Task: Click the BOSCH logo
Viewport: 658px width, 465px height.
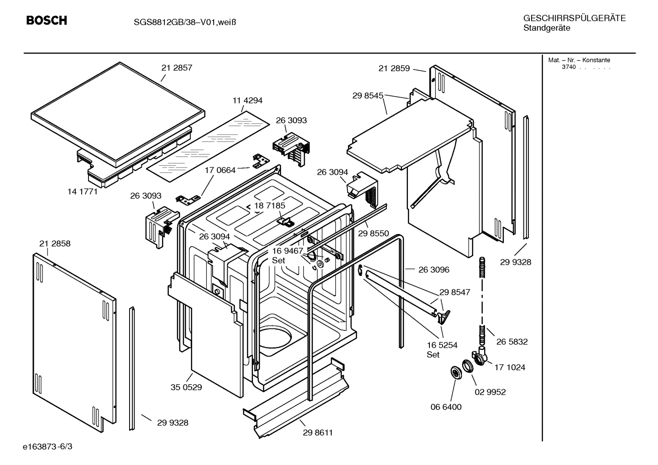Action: [47, 21]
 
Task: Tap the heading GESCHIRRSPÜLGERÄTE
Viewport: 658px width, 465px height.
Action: [574, 18]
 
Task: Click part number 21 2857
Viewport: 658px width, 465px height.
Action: [177, 68]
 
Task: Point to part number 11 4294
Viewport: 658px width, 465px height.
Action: [247, 100]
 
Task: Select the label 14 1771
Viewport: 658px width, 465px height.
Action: [83, 192]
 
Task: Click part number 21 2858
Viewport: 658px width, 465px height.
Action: [55, 244]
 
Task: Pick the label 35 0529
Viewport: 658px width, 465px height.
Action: [186, 387]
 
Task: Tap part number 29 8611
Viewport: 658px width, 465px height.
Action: [318, 433]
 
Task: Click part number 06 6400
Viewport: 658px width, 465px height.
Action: [446, 407]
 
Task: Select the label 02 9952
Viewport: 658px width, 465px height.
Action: [490, 392]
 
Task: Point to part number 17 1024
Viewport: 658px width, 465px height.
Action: [510, 367]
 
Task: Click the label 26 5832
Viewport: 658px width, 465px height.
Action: [512, 342]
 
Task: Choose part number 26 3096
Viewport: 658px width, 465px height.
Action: [433, 270]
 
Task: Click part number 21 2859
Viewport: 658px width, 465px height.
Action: [394, 68]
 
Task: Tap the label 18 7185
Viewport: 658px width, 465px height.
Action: [270, 206]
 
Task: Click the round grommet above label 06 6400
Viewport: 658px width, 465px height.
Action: [455, 372]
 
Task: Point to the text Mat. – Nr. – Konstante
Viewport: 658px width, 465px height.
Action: [579, 60]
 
